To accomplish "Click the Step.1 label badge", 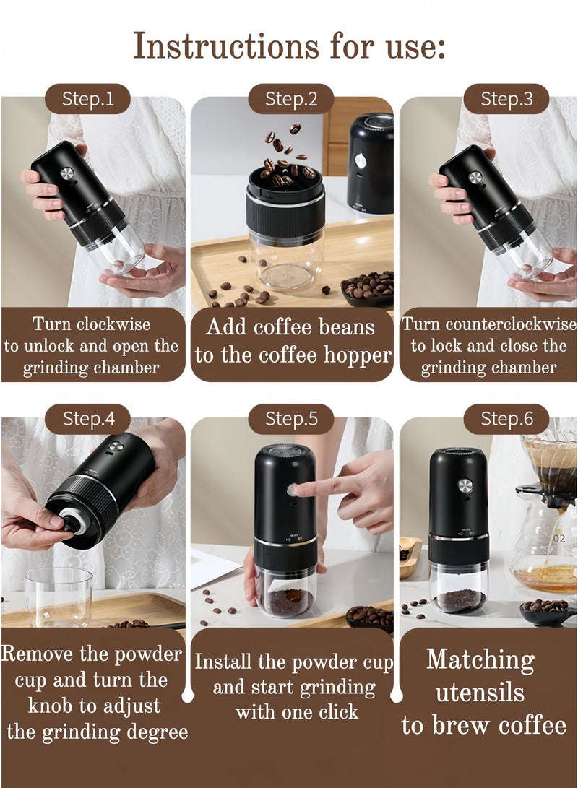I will click(x=87, y=99).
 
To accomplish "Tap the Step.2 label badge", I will click(x=291, y=99).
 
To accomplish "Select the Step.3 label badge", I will click(x=506, y=99).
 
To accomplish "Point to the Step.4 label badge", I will click(x=87, y=419).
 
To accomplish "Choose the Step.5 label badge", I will click(x=291, y=419).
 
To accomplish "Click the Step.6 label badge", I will click(x=506, y=419).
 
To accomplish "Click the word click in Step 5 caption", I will click(x=336, y=711).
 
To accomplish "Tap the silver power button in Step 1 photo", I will click(x=67, y=173).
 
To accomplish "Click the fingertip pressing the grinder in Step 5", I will click(x=298, y=490).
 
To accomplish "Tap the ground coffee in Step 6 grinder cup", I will click(x=460, y=599).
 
